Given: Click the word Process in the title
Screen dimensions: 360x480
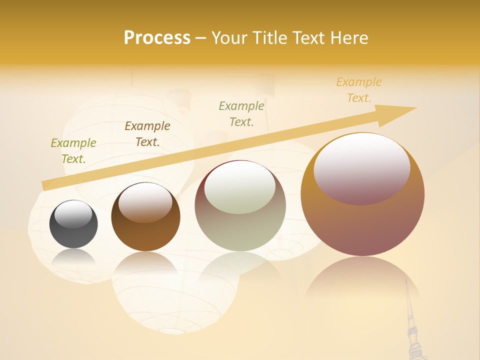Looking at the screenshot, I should pyautogui.click(x=157, y=38).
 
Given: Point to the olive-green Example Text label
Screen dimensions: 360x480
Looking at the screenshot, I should pyautogui.click(x=73, y=151).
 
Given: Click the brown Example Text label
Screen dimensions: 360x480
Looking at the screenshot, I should pyautogui.click(x=147, y=134).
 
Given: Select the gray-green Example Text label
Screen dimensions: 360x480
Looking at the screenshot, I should pyautogui.click(x=241, y=113).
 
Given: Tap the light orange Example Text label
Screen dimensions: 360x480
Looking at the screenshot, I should pyautogui.click(x=359, y=90).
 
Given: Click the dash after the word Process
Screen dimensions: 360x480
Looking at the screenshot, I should pyautogui.click(x=200, y=38).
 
